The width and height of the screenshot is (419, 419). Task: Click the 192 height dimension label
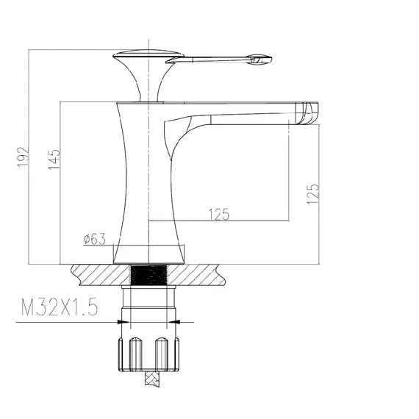tap(23, 157)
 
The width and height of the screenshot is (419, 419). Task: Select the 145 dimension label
tap(54, 160)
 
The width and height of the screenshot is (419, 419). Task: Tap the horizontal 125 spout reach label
tap(219, 215)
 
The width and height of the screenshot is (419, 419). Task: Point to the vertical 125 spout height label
tap(313, 194)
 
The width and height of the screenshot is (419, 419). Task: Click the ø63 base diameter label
tap(95, 239)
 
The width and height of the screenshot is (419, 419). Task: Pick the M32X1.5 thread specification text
tap(60, 307)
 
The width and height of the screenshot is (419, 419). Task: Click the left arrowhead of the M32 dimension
tap(123, 322)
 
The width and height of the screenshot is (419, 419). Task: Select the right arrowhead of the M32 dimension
tap(173, 322)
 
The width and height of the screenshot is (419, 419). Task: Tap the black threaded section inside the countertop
tap(148, 275)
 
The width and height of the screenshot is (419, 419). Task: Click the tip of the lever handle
tap(271, 59)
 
